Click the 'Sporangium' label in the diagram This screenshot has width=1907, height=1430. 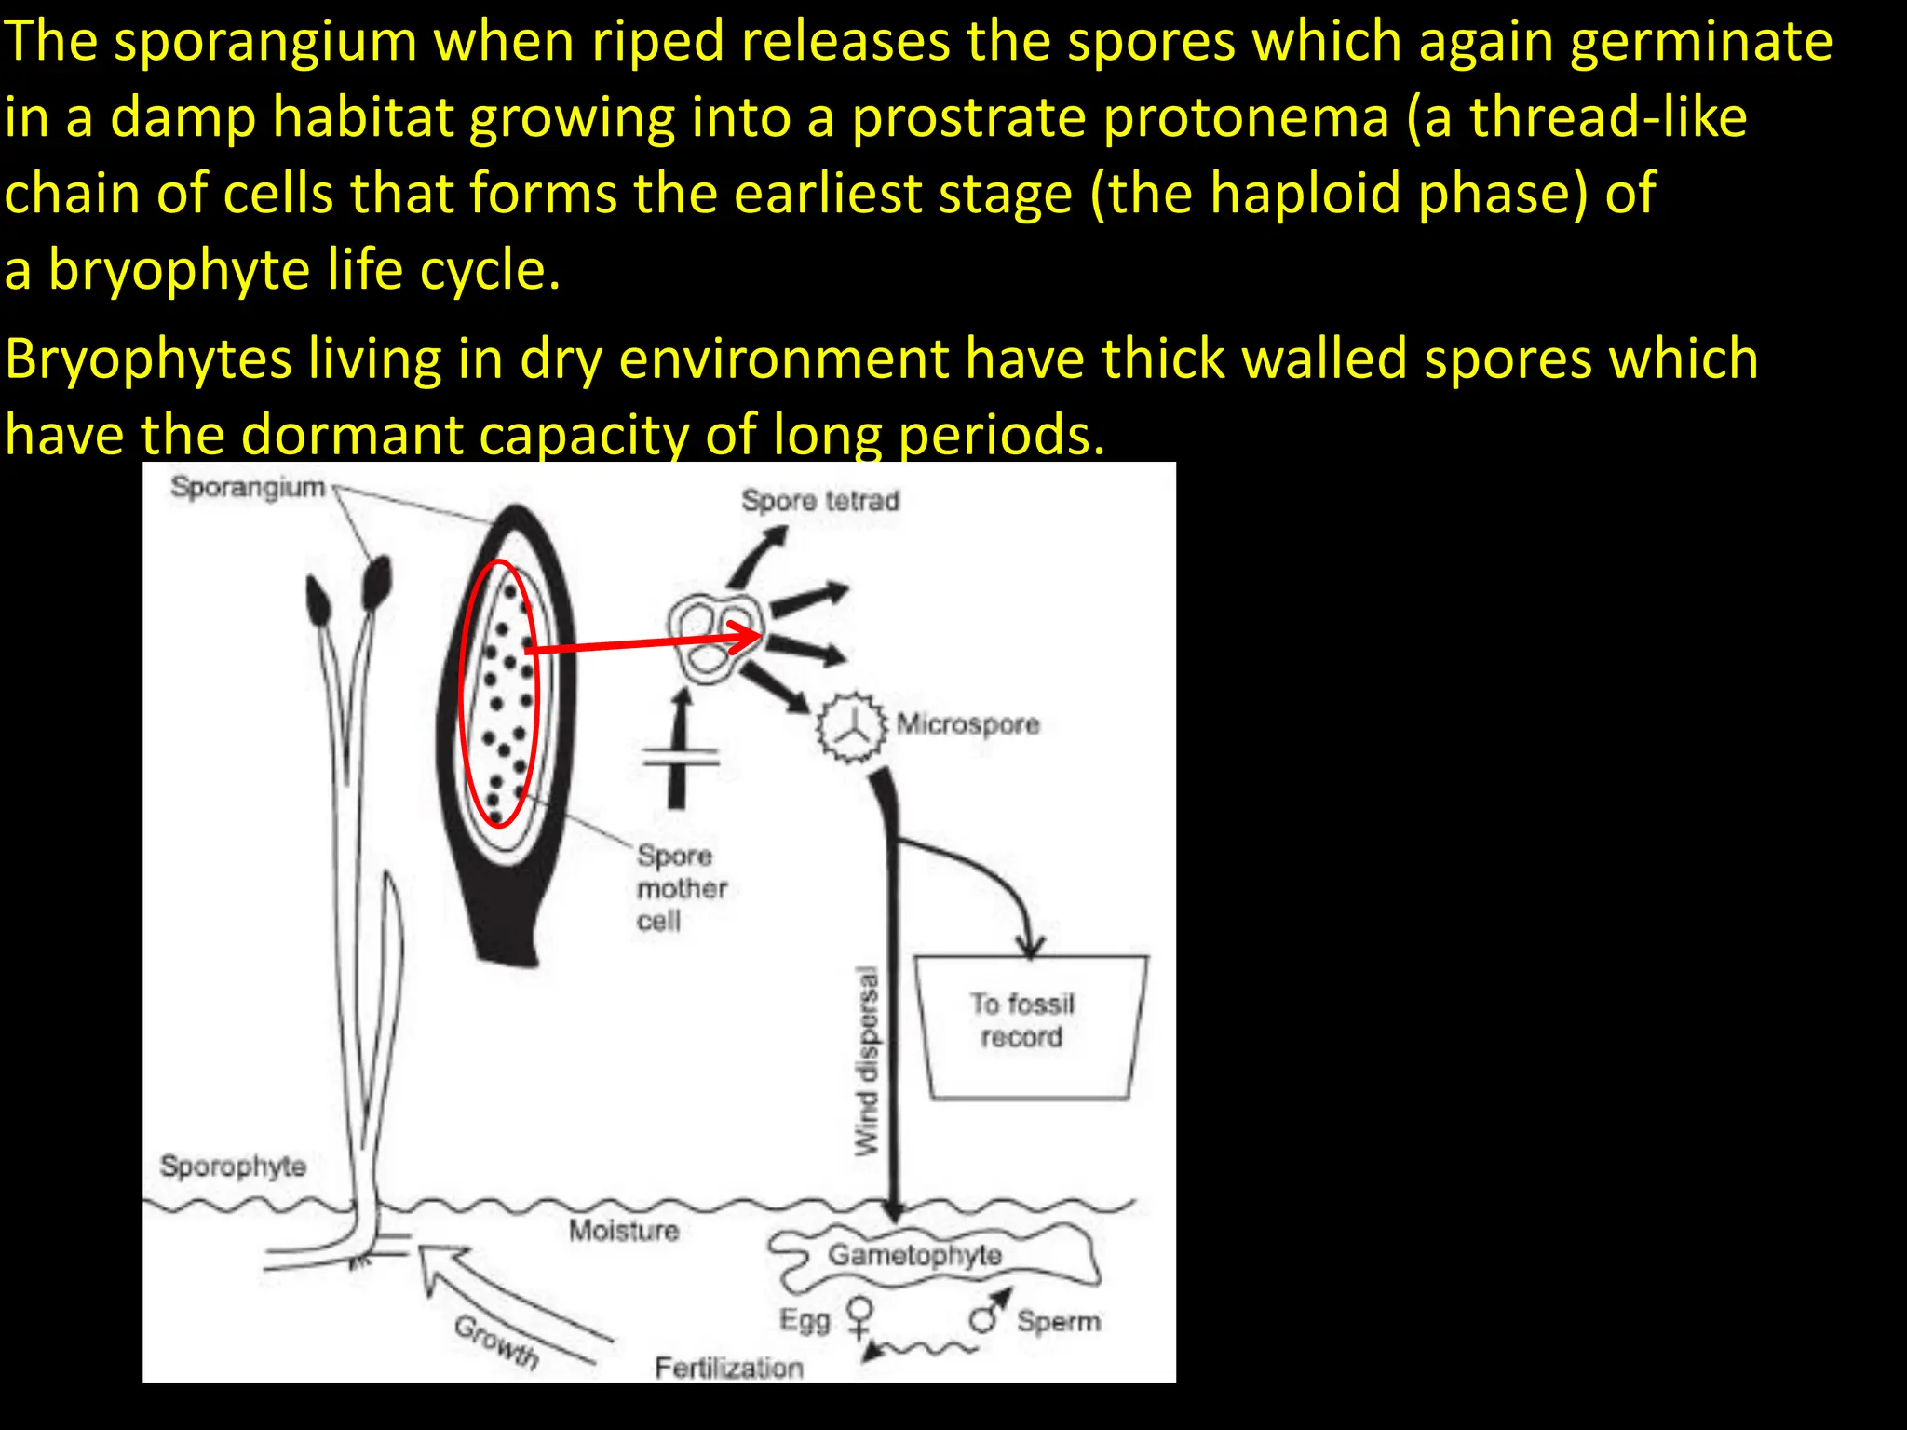coord(248,487)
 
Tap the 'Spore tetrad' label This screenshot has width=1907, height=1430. coord(820,501)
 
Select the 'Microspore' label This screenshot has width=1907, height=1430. coord(967,724)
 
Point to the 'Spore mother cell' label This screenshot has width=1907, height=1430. coord(681,887)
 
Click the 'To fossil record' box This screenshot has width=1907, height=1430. coord(1029,1024)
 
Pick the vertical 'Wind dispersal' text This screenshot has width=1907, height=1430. coord(867,1061)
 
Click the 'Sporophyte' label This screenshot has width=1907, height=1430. coord(233,1166)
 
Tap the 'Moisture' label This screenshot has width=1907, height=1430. coord(624,1231)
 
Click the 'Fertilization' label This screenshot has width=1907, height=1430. coord(728,1368)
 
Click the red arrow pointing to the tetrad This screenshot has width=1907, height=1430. coord(642,644)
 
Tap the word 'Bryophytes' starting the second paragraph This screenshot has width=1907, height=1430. coord(149,359)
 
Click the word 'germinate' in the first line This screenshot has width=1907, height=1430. coord(1700,43)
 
